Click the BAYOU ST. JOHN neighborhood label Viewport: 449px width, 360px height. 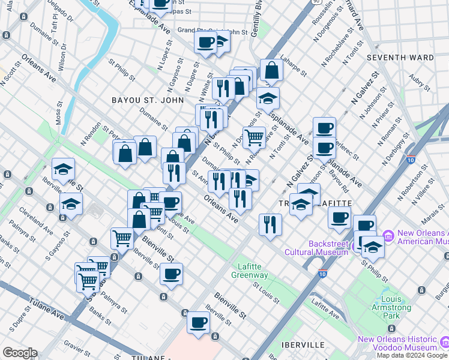147,100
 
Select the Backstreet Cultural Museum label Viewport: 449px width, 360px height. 328,248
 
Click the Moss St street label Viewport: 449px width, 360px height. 59,115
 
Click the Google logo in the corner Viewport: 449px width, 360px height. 20,353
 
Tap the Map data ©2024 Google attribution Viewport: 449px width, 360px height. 412,355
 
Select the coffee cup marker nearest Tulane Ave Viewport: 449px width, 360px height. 198,322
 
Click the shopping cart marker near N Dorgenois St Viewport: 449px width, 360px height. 254,137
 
